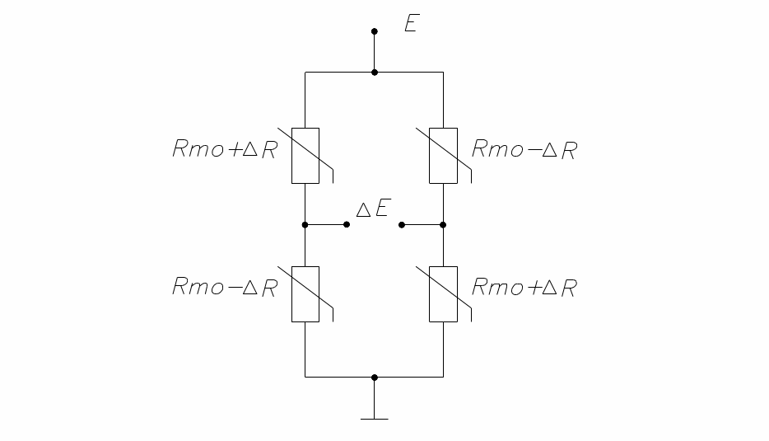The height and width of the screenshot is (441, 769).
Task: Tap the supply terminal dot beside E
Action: coord(375,32)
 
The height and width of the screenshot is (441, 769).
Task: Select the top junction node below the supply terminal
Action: coord(375,73)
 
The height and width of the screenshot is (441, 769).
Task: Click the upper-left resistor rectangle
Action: coord(305,155)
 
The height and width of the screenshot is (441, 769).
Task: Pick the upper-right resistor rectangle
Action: coord(443,155)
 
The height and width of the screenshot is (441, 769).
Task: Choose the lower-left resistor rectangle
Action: coord(305,293)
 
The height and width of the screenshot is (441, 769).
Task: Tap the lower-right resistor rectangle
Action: coord(443,293)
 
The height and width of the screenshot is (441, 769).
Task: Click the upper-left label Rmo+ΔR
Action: coord(225,150)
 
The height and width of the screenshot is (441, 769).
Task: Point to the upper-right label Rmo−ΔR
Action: coord(524,150)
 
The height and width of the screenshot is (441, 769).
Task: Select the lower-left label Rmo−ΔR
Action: coord(225,288)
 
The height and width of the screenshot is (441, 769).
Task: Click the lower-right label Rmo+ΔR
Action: coord(524,288)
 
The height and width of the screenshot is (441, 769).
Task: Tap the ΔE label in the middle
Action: coord(372,209)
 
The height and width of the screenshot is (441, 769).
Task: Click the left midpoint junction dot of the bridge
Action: coord(305,224)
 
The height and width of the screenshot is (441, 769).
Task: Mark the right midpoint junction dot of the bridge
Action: coord(443,224)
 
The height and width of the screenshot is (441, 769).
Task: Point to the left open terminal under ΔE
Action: coord(347,224)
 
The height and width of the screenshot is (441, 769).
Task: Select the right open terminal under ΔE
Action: coord(401,224)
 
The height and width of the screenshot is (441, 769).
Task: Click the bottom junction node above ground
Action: coord(375,377)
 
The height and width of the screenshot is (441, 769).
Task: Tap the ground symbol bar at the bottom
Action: coord(375,419)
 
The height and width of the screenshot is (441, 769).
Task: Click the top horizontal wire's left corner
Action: coord(305,73)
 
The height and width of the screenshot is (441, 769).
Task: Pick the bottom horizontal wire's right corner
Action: coord(443,377)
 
